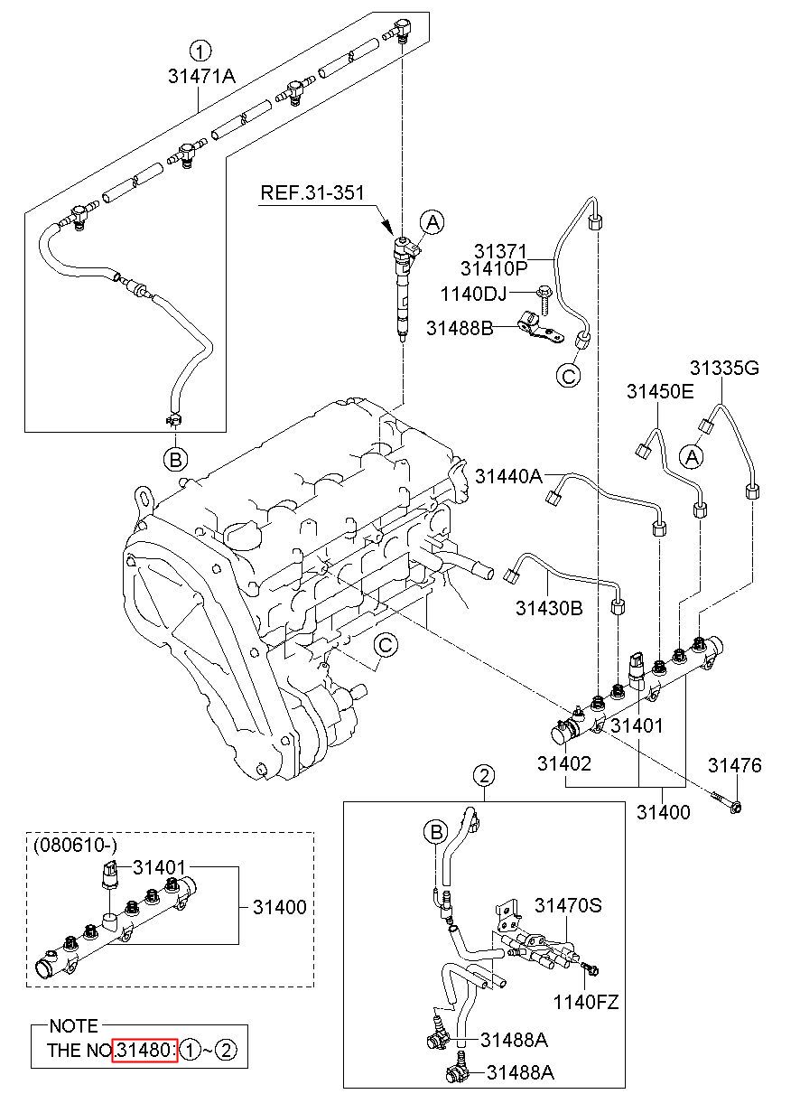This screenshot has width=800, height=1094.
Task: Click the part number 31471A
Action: pos(201,76)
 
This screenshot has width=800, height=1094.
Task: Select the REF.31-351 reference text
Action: pos(312,192)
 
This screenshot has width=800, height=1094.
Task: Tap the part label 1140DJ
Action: pos(473,295)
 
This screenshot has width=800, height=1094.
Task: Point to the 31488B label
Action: pos(460,328)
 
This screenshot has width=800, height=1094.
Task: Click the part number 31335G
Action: pos(724,368)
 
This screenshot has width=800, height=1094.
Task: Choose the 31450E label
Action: pos(660,392)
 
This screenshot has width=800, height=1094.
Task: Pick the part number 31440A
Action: pos(508,476)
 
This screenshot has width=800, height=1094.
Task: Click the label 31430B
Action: pos(549,609)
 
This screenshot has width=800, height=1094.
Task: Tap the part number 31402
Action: pos(564,763)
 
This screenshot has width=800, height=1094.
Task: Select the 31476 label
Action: pos(735,765)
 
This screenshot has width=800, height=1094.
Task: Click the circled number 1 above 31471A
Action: pos(200,51)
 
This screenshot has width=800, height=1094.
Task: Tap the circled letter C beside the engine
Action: pos(386,645)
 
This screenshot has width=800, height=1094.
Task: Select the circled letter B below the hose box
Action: pos(175,459)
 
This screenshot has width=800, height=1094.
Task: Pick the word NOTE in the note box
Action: pos(74,1026)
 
